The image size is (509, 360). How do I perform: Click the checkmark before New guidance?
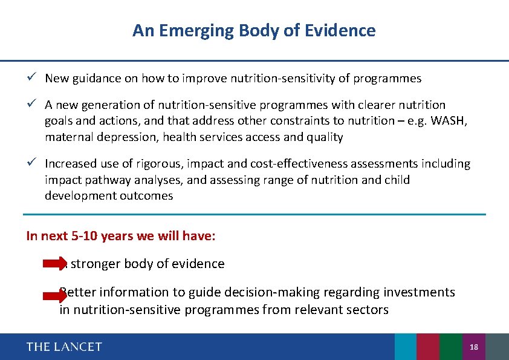pos(36,78)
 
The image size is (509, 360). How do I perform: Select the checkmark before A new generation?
pos(36,105)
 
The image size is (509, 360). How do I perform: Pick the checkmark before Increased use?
pos(36,163)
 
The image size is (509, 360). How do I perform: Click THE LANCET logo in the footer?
pos(64,347)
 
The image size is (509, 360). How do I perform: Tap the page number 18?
pos(474,347)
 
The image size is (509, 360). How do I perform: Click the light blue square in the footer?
pos(405,347)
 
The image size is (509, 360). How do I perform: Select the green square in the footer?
pos(450,347)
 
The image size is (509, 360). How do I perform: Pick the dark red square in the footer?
pos(428,347)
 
